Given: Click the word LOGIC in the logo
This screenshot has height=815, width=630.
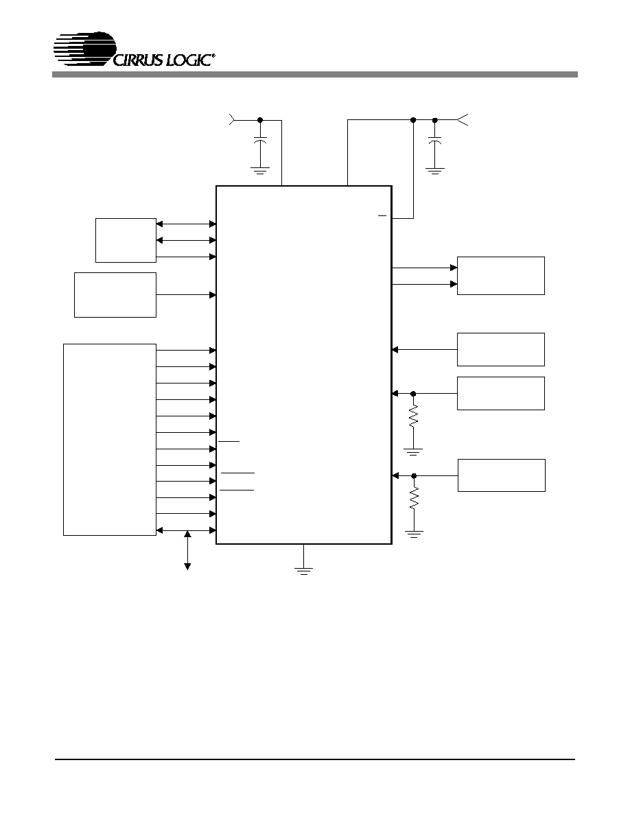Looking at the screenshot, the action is pos(188,60).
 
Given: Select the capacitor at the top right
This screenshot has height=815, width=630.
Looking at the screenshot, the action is pos(434,141).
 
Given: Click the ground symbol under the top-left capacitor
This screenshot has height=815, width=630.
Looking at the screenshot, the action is pos(260,170).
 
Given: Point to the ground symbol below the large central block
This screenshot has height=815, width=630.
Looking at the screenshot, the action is pos(303,571).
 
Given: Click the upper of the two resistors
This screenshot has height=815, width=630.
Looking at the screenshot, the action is pos(413,416).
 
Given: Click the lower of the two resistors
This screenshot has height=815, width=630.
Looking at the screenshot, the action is pos(414,499).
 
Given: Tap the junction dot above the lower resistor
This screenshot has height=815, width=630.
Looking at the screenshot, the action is pos(414,475).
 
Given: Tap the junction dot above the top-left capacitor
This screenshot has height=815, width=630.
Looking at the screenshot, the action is pos(260,120).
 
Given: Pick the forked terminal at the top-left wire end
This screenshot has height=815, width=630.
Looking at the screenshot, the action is pos(233,120).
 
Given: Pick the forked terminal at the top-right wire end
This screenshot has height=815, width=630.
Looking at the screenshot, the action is pos(463,120).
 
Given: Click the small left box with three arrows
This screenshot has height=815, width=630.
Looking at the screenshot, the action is pos(126,241).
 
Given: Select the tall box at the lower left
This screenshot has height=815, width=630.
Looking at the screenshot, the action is pos(110,440).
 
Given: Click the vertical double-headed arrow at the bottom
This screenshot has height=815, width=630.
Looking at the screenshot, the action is pos(187,550).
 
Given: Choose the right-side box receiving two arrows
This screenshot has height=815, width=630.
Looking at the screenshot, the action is pos(501,276).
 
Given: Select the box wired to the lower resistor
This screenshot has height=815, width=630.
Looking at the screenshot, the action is pos(502,475).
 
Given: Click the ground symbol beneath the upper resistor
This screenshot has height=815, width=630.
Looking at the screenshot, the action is pos(413,451).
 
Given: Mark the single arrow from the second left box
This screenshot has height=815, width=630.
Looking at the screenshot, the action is pos(186,295).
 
